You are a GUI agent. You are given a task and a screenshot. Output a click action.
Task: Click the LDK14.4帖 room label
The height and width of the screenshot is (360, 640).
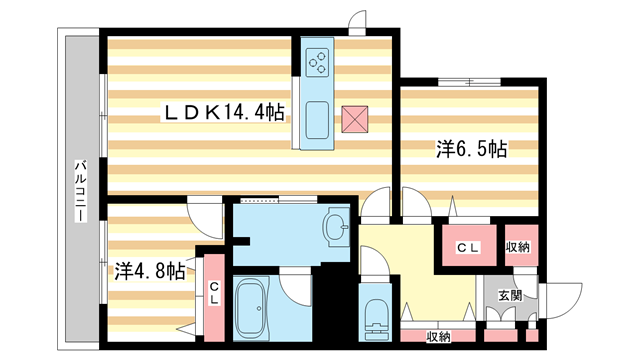(224, 115)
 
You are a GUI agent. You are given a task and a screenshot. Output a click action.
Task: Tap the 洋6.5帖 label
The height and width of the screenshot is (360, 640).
(470, 150)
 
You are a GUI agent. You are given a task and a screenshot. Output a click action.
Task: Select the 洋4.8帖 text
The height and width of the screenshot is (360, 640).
(148, 270)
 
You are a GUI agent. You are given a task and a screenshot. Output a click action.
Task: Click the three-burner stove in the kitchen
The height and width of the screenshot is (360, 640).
(318, 62)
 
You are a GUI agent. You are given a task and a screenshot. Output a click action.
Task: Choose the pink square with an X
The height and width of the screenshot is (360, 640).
(354, 118)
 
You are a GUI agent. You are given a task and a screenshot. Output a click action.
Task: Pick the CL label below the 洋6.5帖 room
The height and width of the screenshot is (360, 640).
(467, 247)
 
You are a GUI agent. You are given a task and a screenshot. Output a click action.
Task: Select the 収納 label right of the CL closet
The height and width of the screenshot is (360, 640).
(517, 247)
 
